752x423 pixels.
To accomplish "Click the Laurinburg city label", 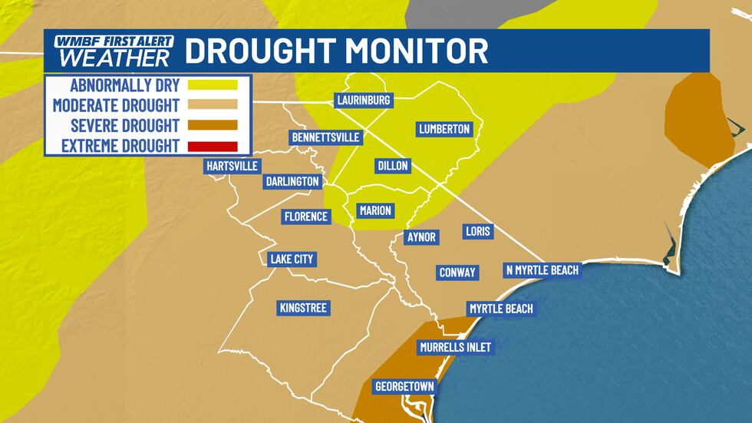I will coord(364,101).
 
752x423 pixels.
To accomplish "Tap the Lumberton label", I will coord(444,129).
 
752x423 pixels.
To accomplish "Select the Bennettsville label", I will coord(325,137).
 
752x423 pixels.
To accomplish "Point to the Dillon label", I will coord(393,166).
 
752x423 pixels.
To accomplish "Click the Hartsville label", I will coord(233,166).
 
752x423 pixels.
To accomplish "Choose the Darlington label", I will coord(292,181).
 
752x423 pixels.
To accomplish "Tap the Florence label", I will coord(305,216).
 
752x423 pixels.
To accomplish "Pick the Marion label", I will coord(375,210).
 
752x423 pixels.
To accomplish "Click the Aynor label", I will coord(421,237).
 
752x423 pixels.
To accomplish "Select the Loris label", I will coord(478,231).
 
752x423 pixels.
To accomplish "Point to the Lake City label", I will coord(292,259).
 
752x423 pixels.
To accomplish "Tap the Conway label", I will coord(457,273).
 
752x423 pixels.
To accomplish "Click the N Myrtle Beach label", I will coord(542,270).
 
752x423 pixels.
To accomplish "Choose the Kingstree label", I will coord(303,308).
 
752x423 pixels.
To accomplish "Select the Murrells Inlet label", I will coord(455,348).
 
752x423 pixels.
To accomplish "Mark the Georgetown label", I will coord(404,385).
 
